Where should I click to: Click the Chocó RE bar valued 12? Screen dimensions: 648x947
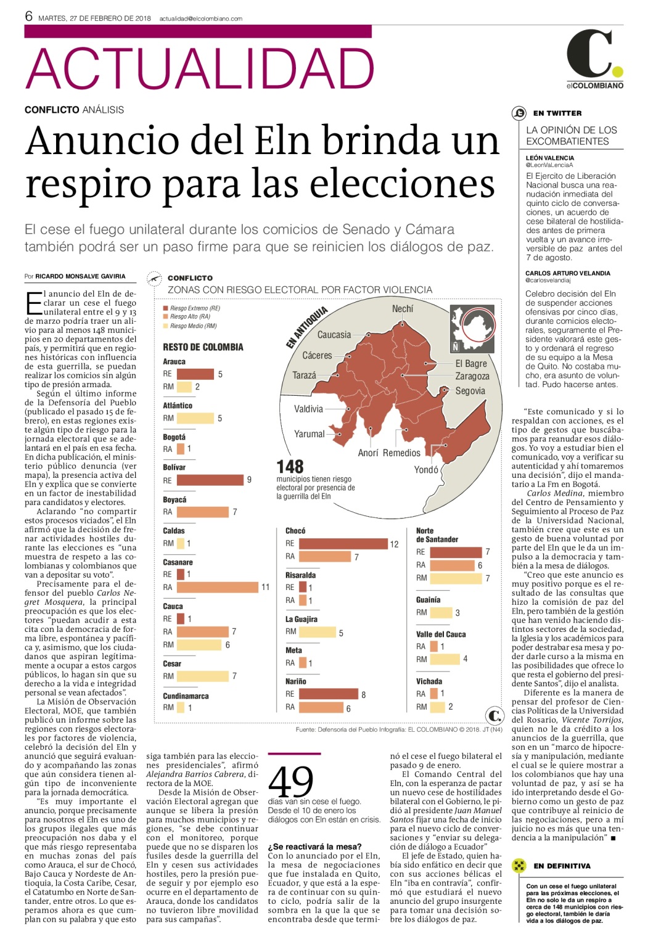343,544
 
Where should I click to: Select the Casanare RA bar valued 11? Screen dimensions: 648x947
217,587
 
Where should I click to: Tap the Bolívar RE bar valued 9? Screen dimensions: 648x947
210,480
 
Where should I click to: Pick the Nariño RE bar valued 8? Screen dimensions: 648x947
329,694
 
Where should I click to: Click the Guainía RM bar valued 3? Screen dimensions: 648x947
441,612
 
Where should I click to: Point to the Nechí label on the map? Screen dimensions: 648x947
403,309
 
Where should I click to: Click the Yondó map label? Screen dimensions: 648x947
426,469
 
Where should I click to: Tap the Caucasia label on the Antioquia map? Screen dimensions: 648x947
334,334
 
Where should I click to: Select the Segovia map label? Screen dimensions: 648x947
470,391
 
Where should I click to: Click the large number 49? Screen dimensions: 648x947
291,782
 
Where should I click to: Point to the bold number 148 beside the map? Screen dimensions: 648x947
290,467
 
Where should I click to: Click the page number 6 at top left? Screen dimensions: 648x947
29,16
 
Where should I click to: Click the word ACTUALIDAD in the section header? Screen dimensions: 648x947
200,68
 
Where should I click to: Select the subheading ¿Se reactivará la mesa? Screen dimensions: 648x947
315,847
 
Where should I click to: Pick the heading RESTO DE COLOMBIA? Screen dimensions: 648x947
203,347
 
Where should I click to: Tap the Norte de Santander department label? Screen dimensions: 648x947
437,535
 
